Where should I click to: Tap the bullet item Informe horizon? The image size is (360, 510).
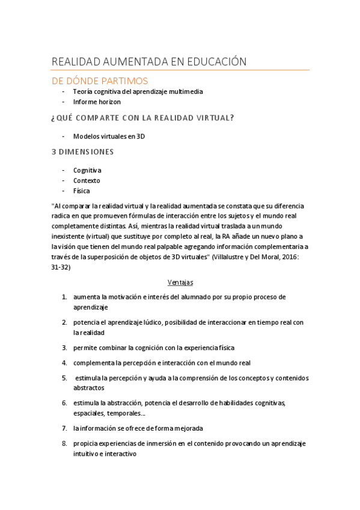(97, 102)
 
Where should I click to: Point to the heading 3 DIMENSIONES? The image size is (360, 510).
(83, 152)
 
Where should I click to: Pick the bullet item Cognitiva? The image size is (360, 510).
(87, 170)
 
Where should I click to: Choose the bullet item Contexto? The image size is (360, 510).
(87, 180)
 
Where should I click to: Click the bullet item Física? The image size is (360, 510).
(82, 191)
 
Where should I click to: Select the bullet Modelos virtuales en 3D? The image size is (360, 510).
(109, 136)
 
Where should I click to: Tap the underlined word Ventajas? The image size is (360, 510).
(180, 281)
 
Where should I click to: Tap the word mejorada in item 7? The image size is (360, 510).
(186, 428)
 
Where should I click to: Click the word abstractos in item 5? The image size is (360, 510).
(88, 388)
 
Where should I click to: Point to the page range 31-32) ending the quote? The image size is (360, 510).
(61, 267)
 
